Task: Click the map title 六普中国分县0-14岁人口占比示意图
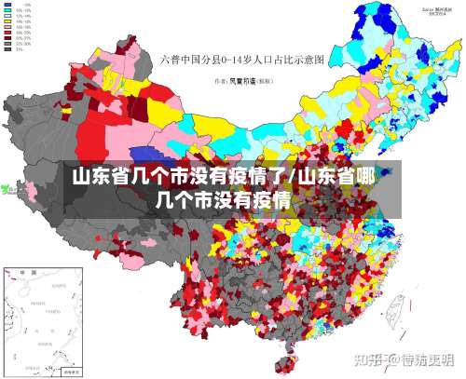pos(240,60)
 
